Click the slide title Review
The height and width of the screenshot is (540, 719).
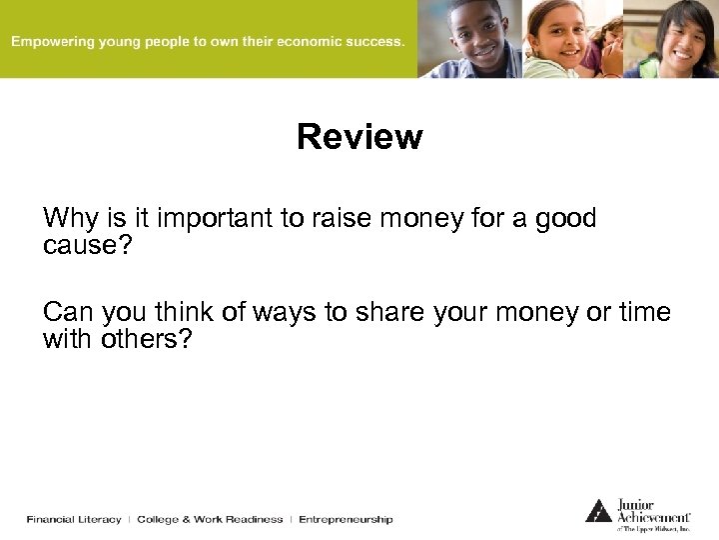[359, 137]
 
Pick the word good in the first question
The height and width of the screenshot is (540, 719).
[565, 218]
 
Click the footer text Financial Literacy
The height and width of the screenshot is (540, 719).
[74, 519]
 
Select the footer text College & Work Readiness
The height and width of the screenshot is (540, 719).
[210, 519]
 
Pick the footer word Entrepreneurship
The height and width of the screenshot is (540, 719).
[346, 519]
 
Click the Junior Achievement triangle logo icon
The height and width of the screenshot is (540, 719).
[598, 510]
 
